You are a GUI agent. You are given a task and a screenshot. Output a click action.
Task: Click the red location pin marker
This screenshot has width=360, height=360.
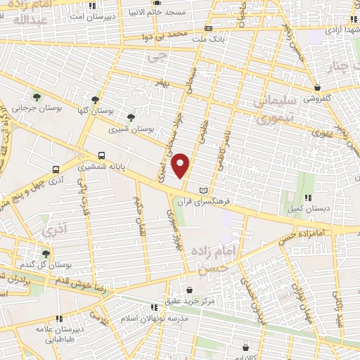(x=181, y=165)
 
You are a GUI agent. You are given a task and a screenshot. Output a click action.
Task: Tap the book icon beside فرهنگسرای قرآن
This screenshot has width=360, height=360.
(x=205, y=191)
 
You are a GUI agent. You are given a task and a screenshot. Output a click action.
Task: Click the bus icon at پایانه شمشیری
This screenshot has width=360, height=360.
(x=103, y=156)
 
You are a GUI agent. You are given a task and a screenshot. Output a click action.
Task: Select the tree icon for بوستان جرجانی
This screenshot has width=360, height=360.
(x=36, y=97)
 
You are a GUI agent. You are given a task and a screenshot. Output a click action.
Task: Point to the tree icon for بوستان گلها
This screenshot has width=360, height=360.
(x=94, y=100)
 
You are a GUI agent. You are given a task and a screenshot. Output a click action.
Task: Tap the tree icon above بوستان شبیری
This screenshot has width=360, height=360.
(x=130, y=117)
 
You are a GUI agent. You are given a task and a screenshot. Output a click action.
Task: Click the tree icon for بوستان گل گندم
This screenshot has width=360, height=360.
(x=46, y=254)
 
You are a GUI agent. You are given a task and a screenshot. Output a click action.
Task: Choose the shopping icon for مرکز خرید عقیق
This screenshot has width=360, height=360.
(x=189, y=290)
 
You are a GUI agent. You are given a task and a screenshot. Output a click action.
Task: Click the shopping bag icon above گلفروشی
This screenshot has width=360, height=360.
(x=318, y=88)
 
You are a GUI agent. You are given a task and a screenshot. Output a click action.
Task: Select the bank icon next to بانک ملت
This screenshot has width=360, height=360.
(x=208, y=29)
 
